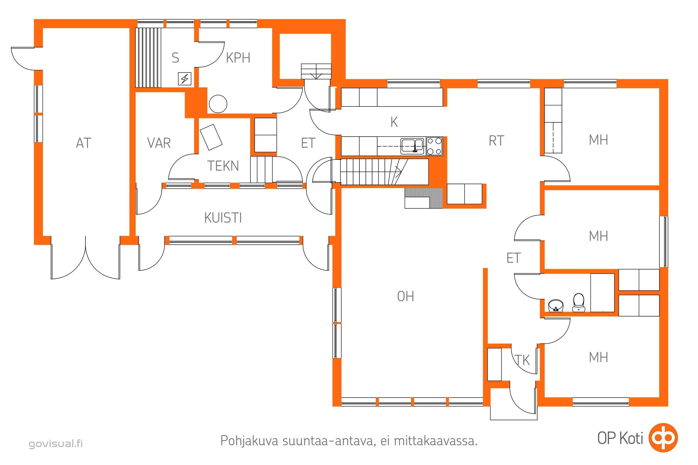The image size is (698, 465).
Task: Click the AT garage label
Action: click(83, 143)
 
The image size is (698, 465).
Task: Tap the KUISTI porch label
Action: click(223, 218)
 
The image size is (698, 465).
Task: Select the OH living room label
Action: click(405, 296)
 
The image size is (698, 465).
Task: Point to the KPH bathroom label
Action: click(238, 58)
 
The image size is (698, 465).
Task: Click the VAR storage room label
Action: click(159, 143)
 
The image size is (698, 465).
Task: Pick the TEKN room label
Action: click(223, 166)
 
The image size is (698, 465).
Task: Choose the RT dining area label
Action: click(496, 141)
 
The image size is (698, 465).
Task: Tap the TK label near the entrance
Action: click(522, 360)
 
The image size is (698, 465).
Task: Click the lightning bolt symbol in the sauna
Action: click(185, 79)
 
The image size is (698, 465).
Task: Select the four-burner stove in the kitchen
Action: click(435, 146)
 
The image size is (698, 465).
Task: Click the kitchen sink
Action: click(412, 146)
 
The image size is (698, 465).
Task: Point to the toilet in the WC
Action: click(578, 303)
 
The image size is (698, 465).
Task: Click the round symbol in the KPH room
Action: click(218, 104)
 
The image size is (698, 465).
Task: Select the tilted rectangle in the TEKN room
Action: click(211, 137)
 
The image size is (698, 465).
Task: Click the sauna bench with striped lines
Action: click(148, 58)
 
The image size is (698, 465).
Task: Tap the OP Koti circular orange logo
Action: click(663, 438)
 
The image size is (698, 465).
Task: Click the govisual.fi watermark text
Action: click(56, 443)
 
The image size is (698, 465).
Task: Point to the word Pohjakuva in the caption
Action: click(249, 441)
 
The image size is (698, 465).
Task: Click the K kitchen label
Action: click(394, 122)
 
